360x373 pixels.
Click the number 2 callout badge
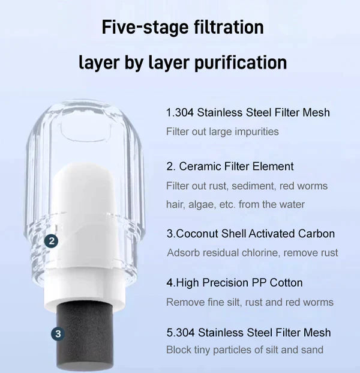click(52, 241)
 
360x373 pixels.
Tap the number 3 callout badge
click(57, 333)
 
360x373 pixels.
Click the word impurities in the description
click(256, 131)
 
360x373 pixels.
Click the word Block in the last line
click(178, 350)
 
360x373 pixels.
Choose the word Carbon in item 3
click(316, 234)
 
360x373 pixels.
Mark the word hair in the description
click(175, 204)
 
